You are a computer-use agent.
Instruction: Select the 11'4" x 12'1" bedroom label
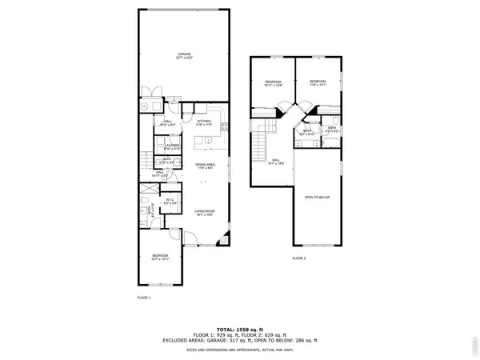tap(318, 82)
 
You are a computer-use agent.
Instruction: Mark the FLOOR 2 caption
tap(299, 258)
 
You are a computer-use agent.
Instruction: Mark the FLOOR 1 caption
tap(144, 297)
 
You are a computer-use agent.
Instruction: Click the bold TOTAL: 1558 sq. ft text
tap(239, 330)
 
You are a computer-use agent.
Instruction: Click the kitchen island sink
tap(207, 141)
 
